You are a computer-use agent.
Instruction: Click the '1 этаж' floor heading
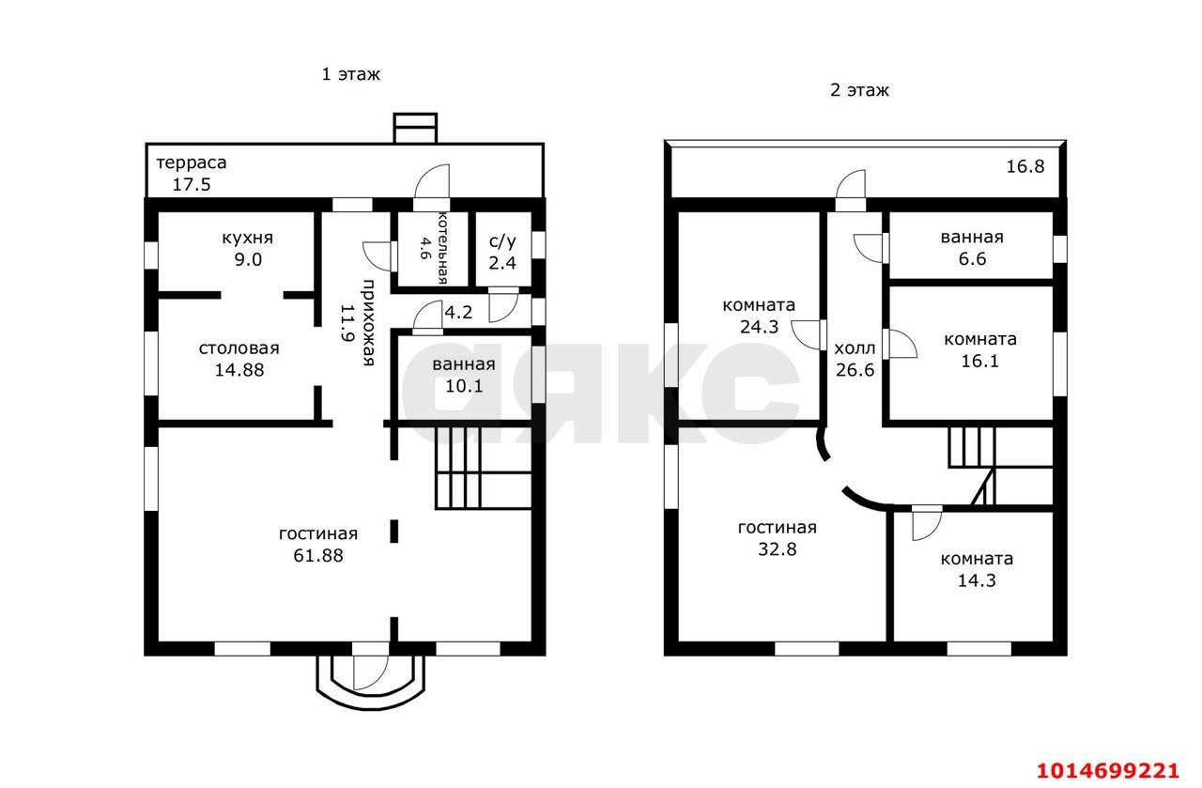click(350, 74)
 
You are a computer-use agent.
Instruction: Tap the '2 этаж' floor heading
click(859, 89)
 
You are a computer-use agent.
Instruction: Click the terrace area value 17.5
click(192, 185)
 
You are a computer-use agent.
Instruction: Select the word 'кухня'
click(247, 238)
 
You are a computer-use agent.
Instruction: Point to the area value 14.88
click(239, 370)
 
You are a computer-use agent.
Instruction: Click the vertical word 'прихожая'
click(368, 322)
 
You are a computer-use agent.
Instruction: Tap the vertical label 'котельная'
click(442, 247)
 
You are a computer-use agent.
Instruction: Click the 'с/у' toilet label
click(502, 241)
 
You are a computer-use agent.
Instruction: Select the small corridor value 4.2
click(459, 312)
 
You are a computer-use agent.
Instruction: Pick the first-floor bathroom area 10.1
click(464, 386)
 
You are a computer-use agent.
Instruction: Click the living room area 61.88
click(318, 556)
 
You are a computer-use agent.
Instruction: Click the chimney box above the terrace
click(415, 128)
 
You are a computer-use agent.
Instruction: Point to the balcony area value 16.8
click(1025, 166)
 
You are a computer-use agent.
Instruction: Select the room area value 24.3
click(760, 327)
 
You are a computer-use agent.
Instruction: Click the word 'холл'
click(855, 348)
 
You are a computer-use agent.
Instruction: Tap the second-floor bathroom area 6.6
click(972, 258)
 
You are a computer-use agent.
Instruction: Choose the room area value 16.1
click(979, 361)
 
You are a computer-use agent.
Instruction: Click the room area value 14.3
click(978, 580)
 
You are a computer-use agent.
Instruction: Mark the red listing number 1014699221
click(1107, 771)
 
